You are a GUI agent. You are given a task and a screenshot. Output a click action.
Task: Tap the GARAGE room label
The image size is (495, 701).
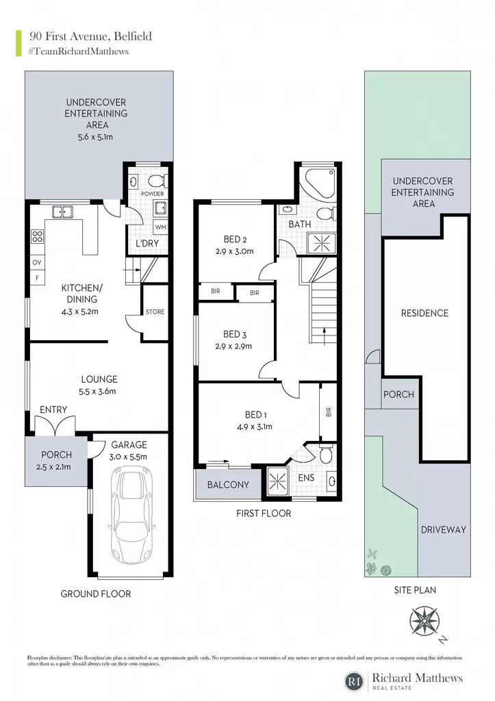129,445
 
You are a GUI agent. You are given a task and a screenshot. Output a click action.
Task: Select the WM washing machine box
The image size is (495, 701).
160,227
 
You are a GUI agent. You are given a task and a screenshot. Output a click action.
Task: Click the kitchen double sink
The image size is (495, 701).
62,212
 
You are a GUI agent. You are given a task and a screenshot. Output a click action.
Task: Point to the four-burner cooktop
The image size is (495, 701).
37,236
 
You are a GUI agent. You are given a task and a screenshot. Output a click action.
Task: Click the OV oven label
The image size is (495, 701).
37,262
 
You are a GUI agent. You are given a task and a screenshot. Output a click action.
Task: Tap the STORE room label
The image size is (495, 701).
155,311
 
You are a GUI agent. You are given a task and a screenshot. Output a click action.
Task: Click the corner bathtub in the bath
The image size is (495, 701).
320,183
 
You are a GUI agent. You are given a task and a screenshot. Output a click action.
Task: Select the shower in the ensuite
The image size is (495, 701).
277,481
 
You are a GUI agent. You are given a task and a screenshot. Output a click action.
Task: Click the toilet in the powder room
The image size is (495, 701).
157,181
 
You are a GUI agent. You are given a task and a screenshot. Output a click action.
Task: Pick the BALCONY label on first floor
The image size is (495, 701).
228,485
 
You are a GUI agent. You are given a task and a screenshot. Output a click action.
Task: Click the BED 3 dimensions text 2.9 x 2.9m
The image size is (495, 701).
233,346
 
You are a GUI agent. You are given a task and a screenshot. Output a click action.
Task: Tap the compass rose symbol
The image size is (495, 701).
424,622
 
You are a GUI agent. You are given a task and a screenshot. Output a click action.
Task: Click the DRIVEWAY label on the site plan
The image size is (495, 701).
444,530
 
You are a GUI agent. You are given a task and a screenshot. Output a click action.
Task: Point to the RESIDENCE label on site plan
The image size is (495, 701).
424,313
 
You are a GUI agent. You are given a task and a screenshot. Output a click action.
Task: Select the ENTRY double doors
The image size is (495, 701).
55,426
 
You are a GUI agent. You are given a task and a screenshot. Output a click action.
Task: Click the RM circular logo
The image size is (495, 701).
355,682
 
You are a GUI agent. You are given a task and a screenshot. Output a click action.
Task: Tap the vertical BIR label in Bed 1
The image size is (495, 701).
329,411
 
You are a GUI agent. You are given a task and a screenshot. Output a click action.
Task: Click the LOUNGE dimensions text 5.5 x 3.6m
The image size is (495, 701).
97,391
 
